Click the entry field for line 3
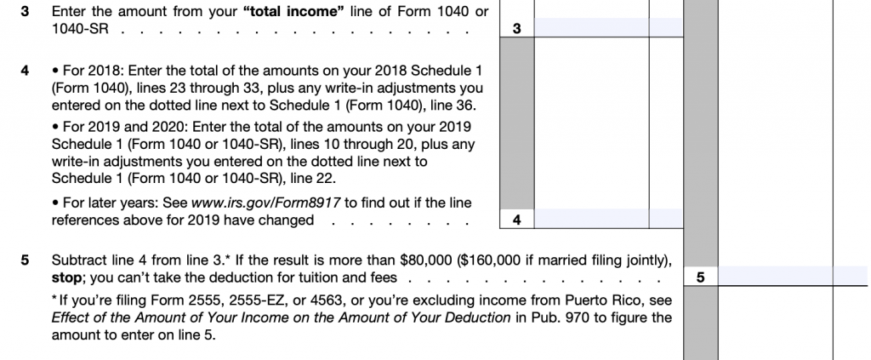(607, 28)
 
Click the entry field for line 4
(607, 219)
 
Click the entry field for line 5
(794, 277)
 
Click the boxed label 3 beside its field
(516, 29)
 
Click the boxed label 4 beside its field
(516, 220)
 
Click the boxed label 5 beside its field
(701, 277)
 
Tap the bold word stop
(68, 277)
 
